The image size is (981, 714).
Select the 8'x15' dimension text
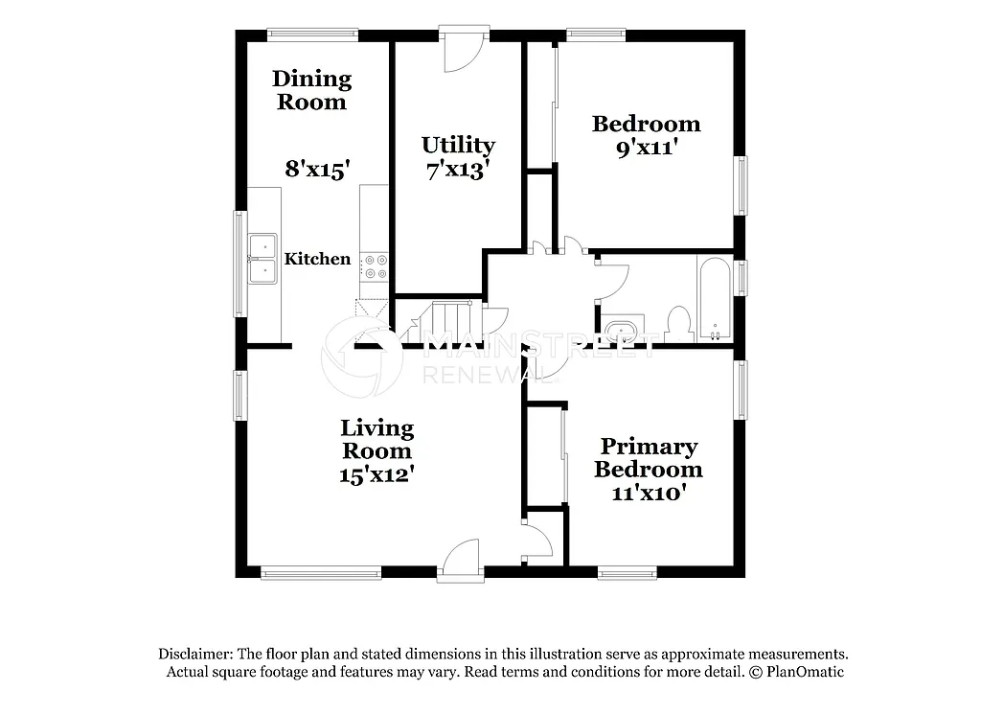coord(317,169)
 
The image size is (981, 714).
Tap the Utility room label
coord(458,145)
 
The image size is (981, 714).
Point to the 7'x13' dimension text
coord(457,170)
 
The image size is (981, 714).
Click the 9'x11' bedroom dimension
coord(646,148)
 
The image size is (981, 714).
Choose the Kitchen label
coord(318,259)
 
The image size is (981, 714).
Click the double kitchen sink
coord(262,260)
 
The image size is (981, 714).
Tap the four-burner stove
coord(375,265)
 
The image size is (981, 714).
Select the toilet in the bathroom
coord(679,323)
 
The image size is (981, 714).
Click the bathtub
coord(714,300)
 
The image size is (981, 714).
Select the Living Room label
coord(377,439)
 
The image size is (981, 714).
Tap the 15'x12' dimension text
coord(376,474)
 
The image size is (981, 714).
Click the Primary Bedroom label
coord(649,458)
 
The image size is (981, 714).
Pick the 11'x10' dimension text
coord(649,494)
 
